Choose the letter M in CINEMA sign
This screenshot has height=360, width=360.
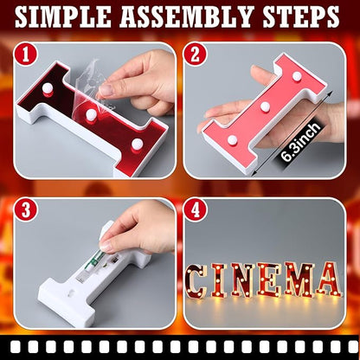pos(299,280)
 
